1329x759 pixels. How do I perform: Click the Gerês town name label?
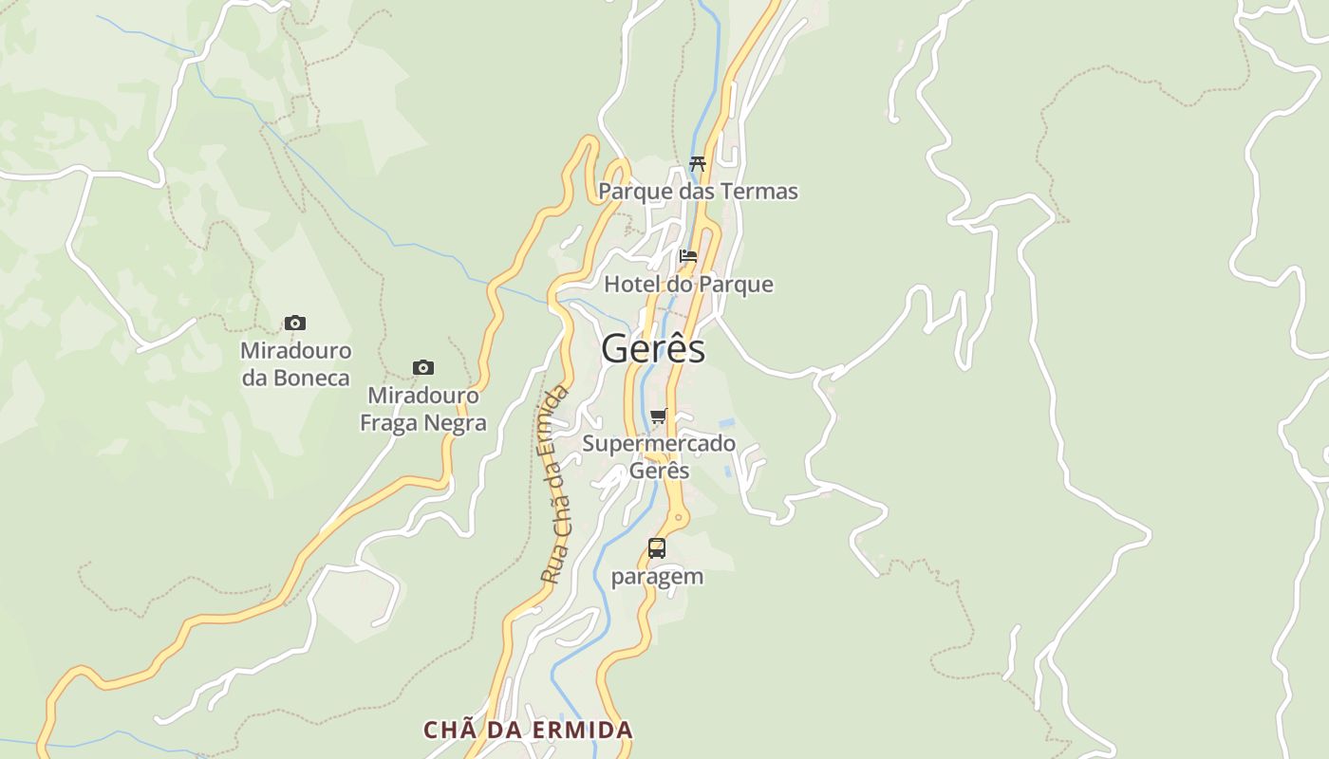pos(653,349)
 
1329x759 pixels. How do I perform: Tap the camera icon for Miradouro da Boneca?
pos(295,324)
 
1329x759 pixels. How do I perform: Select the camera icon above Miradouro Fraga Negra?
pos(423,367)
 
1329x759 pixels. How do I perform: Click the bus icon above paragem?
pos(657,547)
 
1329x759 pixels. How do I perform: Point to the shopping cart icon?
pos(659,416)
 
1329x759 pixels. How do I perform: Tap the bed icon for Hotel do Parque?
pos(688,256)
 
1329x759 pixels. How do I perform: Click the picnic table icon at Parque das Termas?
pos(698,163)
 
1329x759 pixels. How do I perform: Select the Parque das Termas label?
pos(698,192)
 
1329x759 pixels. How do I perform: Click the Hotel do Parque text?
pos(688,285)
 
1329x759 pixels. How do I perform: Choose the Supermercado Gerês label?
pos(659,456)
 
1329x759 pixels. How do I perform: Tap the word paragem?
pos(657,576)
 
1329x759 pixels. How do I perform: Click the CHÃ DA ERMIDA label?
pos(528,730)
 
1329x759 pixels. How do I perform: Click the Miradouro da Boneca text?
pos(295,364)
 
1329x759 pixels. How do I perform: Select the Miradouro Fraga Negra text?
pos(423,409)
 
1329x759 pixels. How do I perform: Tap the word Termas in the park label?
pos(759,192)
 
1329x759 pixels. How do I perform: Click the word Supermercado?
pos(659,443)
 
